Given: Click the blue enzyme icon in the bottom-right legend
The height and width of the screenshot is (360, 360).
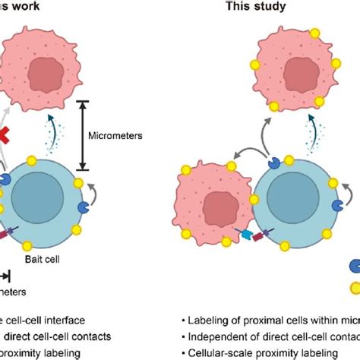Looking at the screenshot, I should click(354, 266).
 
